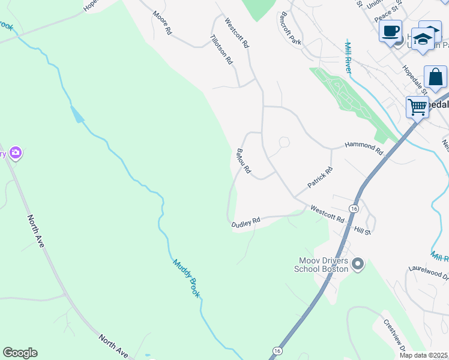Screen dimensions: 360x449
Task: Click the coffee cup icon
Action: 390,31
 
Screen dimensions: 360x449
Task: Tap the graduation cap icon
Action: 424,38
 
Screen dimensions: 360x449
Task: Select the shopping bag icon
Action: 435,77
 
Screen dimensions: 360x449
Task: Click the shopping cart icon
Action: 417,107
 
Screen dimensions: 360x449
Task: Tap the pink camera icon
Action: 16,153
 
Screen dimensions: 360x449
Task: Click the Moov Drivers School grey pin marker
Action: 358,264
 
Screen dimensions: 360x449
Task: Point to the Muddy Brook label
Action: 186,278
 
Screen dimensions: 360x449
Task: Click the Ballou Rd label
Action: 244,161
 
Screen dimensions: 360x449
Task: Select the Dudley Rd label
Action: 246,222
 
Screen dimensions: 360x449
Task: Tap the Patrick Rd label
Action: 320,178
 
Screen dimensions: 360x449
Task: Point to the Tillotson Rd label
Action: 221,49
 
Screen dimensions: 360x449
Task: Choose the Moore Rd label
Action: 161,22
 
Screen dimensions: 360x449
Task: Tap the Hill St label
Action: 363,230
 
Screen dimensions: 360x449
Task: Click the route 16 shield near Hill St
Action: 354,208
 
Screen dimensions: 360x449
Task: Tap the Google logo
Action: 20,353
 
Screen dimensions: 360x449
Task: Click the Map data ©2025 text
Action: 424,355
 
